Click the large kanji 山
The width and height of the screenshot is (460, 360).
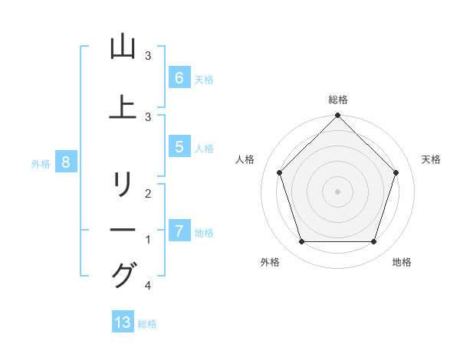[123, 47]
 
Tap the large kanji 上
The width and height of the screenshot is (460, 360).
[123, 106]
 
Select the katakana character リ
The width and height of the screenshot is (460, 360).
[123, 185]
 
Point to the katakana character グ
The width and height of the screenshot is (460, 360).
[123, 275]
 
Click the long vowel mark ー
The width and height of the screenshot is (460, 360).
[123, 230]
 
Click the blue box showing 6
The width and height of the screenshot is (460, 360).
[179, 77]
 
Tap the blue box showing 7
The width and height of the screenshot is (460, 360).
[179, 231]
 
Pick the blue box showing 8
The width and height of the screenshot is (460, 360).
[66, 162]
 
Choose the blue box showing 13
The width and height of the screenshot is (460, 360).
[123, 322]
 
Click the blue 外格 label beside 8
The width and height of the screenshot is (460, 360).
[40, 163]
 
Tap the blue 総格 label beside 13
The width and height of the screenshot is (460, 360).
[147, 324]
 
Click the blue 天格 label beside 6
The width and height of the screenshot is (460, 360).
[203, 79]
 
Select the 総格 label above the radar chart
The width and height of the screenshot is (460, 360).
[337, 100]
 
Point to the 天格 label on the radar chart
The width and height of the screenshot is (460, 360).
[432, 159]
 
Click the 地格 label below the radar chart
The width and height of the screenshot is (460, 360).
[402, 262]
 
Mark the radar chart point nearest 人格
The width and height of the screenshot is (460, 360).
[279, 172]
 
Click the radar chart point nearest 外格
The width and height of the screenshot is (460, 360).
[301, 242]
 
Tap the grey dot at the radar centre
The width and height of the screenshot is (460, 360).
[337, 191]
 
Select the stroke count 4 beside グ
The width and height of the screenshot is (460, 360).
[147, 286]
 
